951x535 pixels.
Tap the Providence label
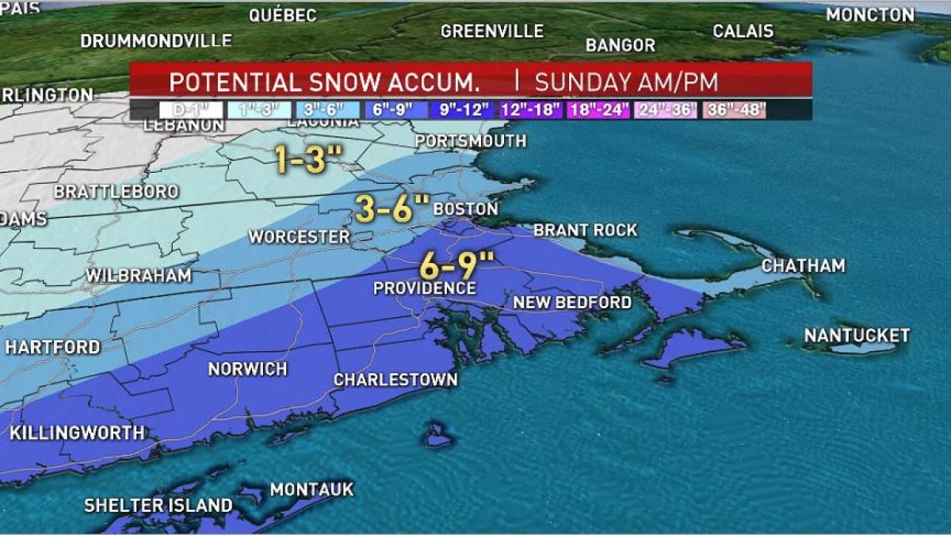coord(425,289)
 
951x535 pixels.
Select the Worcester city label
coord(299,237)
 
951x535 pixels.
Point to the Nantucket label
coord(857,336)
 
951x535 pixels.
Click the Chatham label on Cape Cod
coord(803,266)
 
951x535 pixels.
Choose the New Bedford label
coord(572,303)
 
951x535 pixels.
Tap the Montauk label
coord(311,490)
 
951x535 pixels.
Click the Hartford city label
coord(52,347)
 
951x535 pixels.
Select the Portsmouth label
coord(470,141)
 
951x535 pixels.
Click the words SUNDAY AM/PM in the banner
coord(626,82)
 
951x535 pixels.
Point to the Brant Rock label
coord(585,231)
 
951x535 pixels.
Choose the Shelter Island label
coord(158,506)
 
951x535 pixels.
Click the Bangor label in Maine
coord(621,45)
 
